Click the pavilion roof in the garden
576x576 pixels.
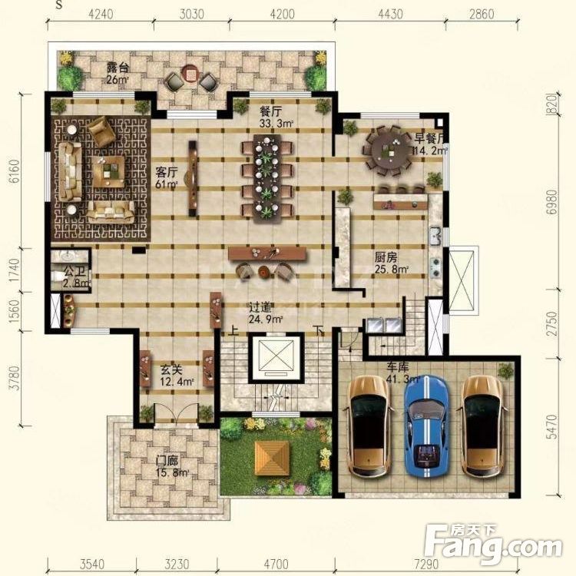point(273,458)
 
